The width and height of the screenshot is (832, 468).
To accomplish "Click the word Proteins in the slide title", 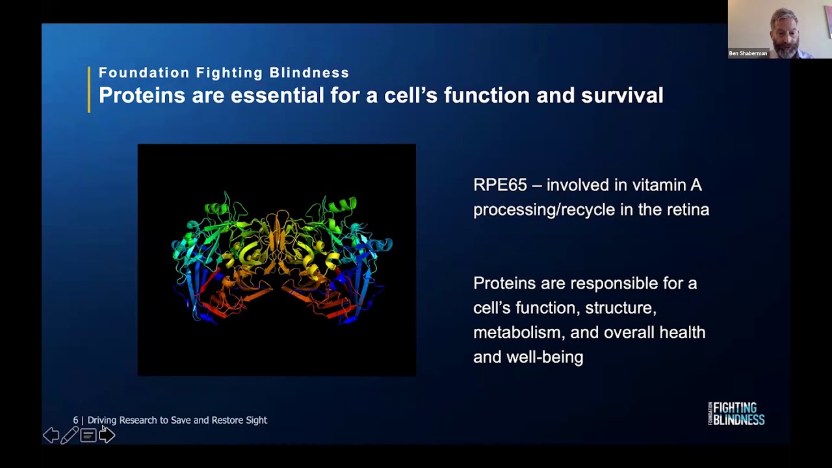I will tap(142, 96).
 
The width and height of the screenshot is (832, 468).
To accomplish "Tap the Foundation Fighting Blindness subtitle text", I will tap(224, 73).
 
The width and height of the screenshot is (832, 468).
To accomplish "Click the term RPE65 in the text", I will tap(499, 185).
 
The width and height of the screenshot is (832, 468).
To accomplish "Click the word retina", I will tap(688, 209).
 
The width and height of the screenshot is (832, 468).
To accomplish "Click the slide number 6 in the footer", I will tap(75, 421).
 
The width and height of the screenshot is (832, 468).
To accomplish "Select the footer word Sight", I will tap(256, 421).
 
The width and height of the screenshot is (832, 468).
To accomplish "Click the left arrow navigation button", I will tap(51, 435).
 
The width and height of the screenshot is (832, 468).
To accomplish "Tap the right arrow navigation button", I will tap(107, 435).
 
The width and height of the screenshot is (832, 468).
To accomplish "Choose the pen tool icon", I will tap(70, 435).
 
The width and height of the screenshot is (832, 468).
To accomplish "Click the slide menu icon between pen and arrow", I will tap(88, 435).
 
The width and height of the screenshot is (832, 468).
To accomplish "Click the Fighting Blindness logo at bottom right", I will tap(736, 413).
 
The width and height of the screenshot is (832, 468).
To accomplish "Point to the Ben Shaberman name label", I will tap(748, 53).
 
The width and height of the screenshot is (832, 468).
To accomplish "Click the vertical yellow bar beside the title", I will tap(89, 90).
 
